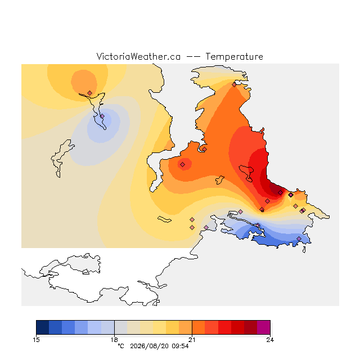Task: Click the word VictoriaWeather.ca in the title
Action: click(138, 56)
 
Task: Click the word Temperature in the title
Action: click(234, 56)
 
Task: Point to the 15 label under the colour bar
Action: click(36, 340)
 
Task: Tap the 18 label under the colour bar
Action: click(114, 340)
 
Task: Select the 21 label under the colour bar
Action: click(192, 340)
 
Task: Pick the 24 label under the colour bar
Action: click(270, 340)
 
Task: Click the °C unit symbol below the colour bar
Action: click(121, 346)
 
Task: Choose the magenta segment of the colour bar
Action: click(264, 327)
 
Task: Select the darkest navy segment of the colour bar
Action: click(43, 327)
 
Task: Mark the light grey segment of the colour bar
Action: click(121, 327)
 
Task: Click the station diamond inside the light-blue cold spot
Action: click(102, 116)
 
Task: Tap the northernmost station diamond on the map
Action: click(234, 85)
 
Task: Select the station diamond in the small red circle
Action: click(182, 164)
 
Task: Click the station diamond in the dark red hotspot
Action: click(280, 192)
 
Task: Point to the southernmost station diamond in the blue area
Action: click(299, 238)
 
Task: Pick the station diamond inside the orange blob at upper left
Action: click(90, 93)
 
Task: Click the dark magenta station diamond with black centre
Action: click(291, 195)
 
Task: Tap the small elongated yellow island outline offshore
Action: click(164, 219)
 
